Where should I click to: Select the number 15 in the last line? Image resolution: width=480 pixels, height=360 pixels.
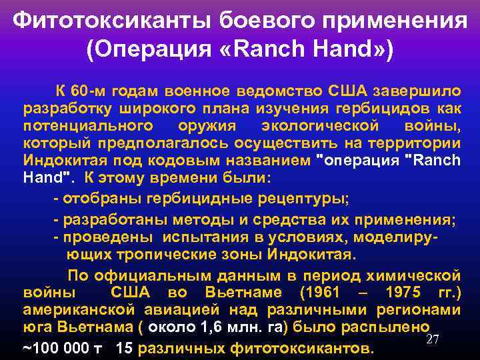click(124, 348)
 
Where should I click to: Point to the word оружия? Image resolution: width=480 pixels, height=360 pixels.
click(205, 125)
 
